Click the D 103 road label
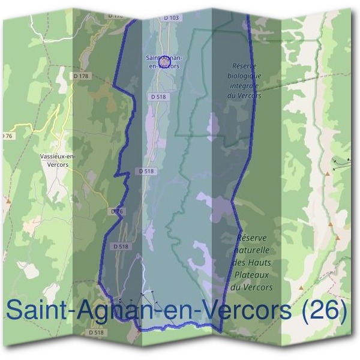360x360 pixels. pos(171,18)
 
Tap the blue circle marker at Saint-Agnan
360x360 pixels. pos(166,61)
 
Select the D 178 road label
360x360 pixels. pos(80,76)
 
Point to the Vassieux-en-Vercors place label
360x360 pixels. pos(58,160)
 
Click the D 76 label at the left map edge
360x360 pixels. pos(5,137)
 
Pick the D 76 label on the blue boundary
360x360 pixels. pos(117,211)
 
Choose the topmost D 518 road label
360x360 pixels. pos(158,96)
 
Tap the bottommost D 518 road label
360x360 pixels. pos(96,332)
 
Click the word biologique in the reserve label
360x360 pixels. pos(244,76)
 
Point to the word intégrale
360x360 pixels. pos(245,86)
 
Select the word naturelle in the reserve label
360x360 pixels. pos(253,250)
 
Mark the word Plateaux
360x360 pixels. pos(252,275)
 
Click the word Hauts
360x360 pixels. pos(262,262)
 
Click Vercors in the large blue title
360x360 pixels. pos(246,310)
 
